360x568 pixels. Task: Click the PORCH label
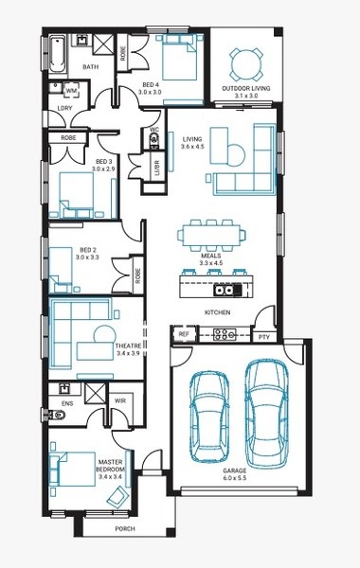point(125,529)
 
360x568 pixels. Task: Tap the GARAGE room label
point(235,470)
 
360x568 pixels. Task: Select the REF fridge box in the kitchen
point(184,334)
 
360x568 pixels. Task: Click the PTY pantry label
point(264,337)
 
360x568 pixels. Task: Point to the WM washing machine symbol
point(71,91)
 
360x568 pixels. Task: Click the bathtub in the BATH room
point(57,54)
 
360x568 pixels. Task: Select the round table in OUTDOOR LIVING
point(245,64)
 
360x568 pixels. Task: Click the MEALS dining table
point(211,235)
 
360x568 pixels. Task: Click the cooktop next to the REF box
point(225,334)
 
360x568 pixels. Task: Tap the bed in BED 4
point(178,57)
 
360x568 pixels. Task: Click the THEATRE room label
point(128,346)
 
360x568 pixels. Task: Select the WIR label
point(120,400)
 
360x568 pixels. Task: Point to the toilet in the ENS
point(56,414)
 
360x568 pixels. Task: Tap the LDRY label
point(65,108)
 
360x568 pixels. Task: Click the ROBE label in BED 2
point(137,275)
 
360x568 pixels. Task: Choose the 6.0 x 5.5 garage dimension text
point(235,478)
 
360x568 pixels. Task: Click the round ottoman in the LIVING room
point(236,155)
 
